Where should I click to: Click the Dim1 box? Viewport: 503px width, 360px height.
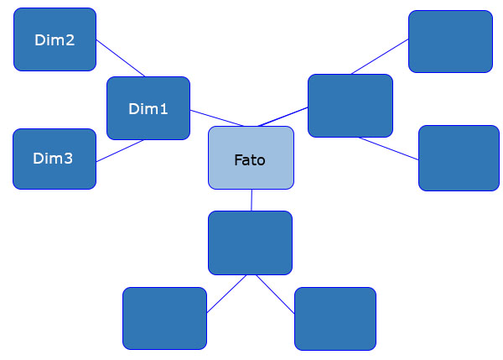point(148,108)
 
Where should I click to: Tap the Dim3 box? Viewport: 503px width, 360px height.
point(54,159)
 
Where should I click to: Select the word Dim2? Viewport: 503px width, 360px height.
point(54,39)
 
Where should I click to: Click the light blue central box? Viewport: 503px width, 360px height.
point(251,158)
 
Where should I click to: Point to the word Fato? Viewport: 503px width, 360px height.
point(250,159)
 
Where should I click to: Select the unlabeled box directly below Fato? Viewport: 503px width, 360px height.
point(250,243)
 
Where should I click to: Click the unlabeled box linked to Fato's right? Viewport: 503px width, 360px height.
point(350,106)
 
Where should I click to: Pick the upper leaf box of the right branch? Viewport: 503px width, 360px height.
point(449,41)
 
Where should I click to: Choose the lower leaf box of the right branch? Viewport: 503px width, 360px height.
point(458,158)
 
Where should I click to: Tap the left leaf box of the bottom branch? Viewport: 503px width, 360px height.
point(164,318)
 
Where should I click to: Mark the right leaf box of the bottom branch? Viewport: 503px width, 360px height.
point(334,318)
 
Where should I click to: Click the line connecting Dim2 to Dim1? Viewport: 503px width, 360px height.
point(121,58)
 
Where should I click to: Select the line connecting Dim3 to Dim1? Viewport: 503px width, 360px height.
point(120,150)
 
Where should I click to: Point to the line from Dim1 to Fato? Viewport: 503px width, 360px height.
point(216,118)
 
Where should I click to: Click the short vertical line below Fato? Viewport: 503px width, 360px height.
point(251,200)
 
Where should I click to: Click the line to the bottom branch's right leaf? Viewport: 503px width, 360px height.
point(274,294)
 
